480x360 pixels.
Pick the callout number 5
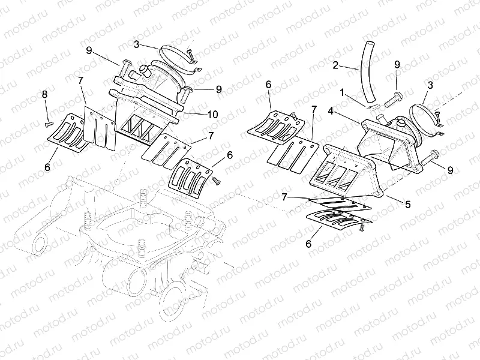click(x=407, y=204)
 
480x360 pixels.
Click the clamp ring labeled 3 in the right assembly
click(x=427, y=118)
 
